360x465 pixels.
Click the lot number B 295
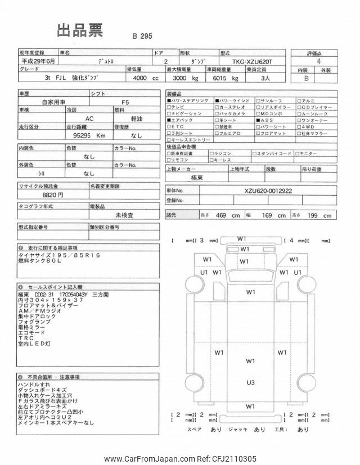tap(143, 36)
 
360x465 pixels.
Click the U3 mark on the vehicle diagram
tap(250, 382)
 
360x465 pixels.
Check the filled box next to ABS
tap(258, 120)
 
